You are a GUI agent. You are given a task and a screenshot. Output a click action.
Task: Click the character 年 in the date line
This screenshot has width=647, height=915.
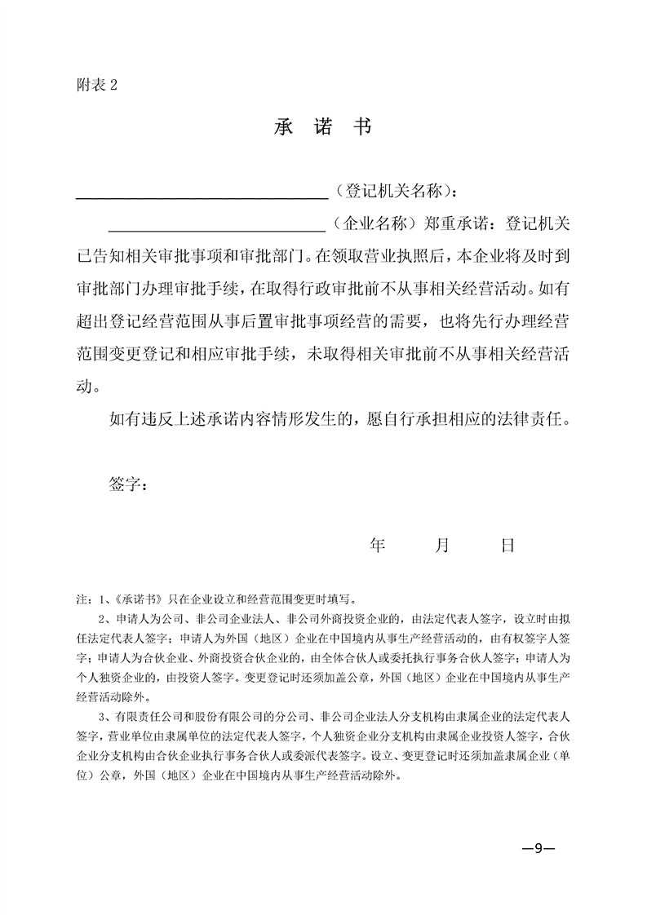tap(376, 546)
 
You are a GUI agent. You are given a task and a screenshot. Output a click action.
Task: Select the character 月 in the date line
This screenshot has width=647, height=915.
tap(442, 546)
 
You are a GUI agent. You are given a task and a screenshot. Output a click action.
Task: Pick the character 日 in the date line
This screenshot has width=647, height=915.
tap(507, 546)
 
